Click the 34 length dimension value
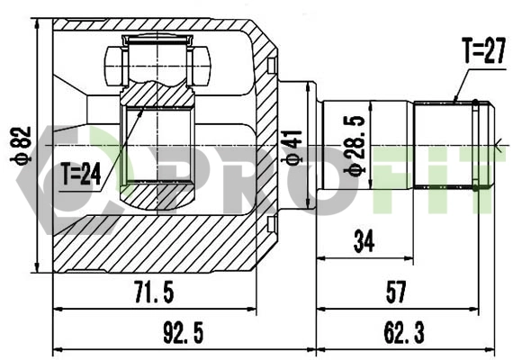pyautogui.click(x=364, y=240)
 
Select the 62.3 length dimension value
pyautogui.click(x=403, y=333)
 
